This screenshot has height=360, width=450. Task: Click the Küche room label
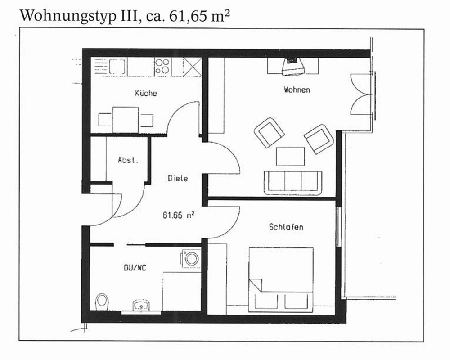point(146,93)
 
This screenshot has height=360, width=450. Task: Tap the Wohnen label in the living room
point(297,90)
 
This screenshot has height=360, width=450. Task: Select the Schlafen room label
point(286,227)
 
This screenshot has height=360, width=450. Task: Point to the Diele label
point(178,178)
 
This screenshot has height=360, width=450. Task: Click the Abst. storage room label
point(128,160)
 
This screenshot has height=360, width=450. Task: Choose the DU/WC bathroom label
point(135,268)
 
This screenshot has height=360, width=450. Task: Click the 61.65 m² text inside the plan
point(179,215)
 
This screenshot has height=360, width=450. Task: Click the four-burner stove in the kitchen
point(162,67)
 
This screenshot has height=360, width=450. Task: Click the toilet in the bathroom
point(102,301)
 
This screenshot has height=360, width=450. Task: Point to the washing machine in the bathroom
point(191,259)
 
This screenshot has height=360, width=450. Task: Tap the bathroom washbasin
point(141,306)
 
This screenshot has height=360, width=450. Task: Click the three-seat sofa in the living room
point(293,183)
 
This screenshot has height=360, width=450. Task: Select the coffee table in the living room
point(290,157)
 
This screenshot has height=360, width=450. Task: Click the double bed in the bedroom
point(281,279)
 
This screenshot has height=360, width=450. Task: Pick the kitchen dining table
point(126,120)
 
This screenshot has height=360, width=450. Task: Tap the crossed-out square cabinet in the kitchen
point(192,67)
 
